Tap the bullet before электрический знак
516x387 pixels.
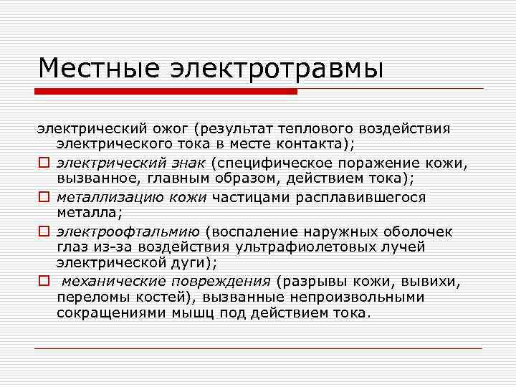coord(43,163)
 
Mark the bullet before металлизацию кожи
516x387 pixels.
coord(43,198)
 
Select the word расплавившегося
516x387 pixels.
coord(365,197)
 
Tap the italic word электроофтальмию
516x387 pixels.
coord(128,231)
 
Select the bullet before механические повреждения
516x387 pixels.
coord(43,281)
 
